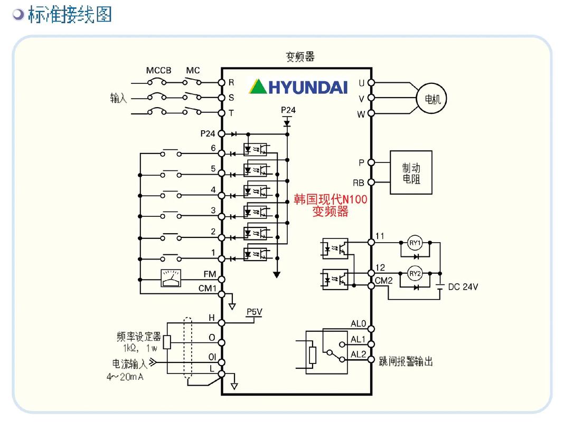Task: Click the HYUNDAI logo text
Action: click(307, 87)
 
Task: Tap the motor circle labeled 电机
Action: click(432, 99)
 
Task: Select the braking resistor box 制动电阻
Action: click(411, 172)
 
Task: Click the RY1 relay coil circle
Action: click(415, 243)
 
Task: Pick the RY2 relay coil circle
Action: click(415, 274)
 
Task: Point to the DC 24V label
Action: click(463, 287)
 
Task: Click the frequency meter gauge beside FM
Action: click(171, 278)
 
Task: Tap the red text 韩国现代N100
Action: click(330, 199)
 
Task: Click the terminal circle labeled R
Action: click(222, 82)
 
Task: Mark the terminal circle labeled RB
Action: click(371, 183)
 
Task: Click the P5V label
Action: click(255, 312)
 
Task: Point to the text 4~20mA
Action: click(125, 377)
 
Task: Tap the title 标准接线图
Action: click(70, 14)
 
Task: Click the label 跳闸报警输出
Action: click(406, 361)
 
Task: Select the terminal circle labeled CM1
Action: click(222, 294)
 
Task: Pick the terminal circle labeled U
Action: click(371, 83)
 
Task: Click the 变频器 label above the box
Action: click(300, 57)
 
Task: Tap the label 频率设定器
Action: click(138, 337)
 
